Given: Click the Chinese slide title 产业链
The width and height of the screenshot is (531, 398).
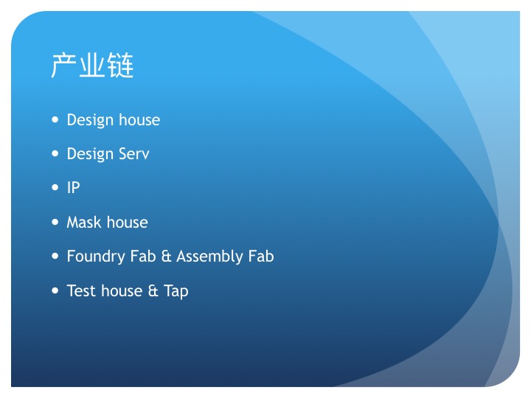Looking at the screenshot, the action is tap(92, 66).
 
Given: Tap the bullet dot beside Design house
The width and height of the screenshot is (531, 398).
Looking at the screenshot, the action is tap(55, 119).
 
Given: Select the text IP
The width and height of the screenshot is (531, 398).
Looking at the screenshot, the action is tap(74, 187).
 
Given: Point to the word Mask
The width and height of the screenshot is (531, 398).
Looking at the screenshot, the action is tap(84, 223).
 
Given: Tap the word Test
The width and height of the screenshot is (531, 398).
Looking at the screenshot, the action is tap(81, 290).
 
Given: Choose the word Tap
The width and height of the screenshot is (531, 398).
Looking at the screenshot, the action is tap(176, 291).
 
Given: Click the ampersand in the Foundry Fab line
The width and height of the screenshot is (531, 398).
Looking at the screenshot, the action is tap(166, 256).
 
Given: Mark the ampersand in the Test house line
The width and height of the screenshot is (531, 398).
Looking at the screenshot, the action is tap(153, 290).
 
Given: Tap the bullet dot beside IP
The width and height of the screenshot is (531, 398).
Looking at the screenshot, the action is tap(55, 187).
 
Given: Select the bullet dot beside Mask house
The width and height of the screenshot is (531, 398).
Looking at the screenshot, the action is tap(55, 222).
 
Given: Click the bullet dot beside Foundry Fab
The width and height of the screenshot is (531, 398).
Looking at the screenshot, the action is tap(55, 256).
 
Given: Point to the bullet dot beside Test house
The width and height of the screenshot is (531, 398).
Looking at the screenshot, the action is tap(55, 290).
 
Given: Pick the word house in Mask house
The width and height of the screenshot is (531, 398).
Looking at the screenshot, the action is tap(128, 223).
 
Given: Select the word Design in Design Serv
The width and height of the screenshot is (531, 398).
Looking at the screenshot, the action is tap(90, 155).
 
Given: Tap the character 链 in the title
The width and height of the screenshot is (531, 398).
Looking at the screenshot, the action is tap(120, 66).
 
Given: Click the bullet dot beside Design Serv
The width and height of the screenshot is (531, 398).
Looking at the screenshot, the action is tap(55, 153).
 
